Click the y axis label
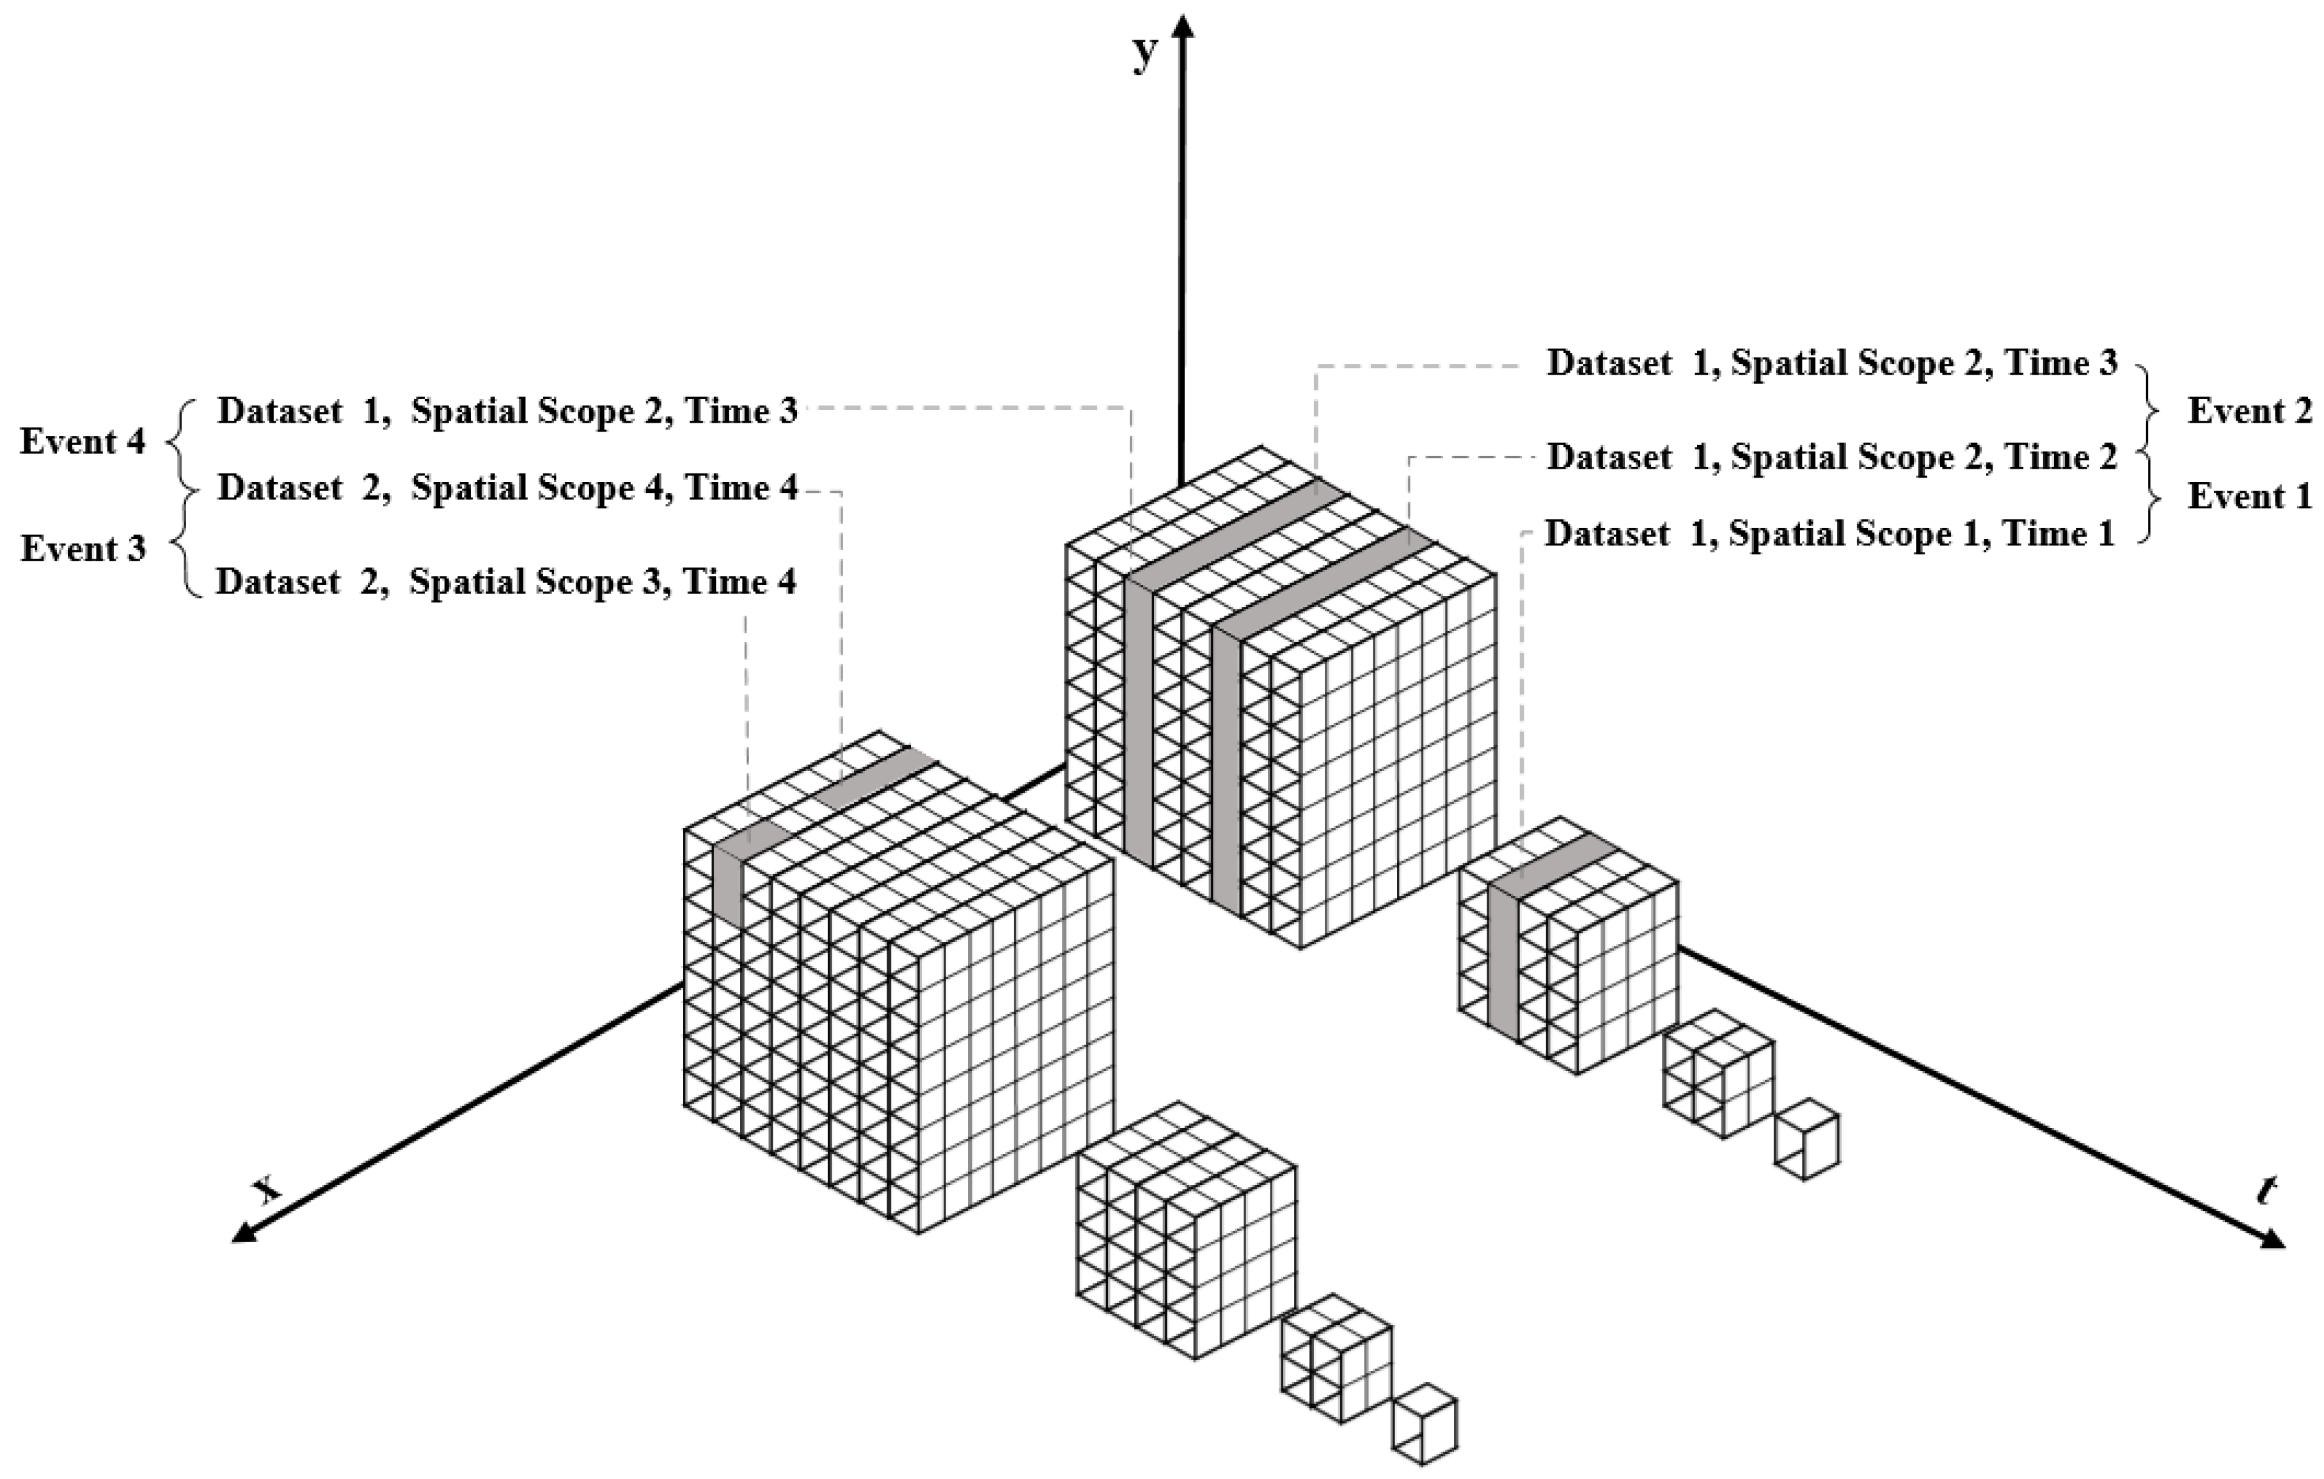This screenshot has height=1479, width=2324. [x=1144, y=55]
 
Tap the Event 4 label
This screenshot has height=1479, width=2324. [x=83, y=442]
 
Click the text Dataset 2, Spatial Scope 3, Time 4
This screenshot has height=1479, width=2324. [x=506, y=582]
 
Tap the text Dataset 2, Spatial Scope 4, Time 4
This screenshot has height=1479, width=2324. [x=508, y=488]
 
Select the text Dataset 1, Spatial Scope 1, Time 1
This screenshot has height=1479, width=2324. [x=1830, y=533]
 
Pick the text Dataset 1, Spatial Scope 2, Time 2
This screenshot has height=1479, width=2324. [x=1832, y=457]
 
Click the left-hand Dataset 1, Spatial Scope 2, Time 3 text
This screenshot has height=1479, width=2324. [x=508, y=411]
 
